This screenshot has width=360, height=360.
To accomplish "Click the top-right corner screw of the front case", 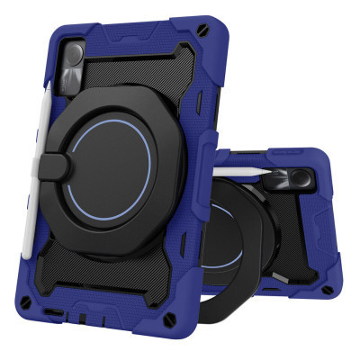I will pyautogui.click(x=208, y=29).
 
